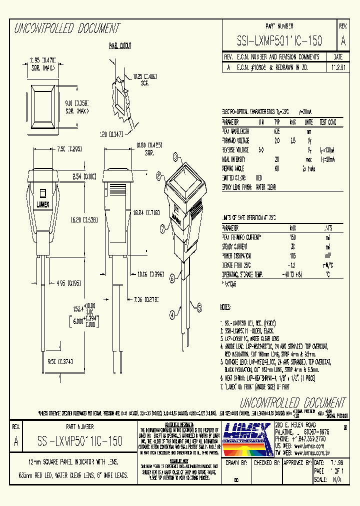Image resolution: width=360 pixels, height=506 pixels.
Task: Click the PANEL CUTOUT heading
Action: (120, 46)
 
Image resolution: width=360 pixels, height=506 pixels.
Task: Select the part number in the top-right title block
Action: (279, 40)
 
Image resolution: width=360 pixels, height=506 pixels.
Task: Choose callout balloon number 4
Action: (172, 315)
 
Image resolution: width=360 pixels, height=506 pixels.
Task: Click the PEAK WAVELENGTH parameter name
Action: (235, 131)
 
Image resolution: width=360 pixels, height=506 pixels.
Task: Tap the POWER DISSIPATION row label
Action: (238, 255)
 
